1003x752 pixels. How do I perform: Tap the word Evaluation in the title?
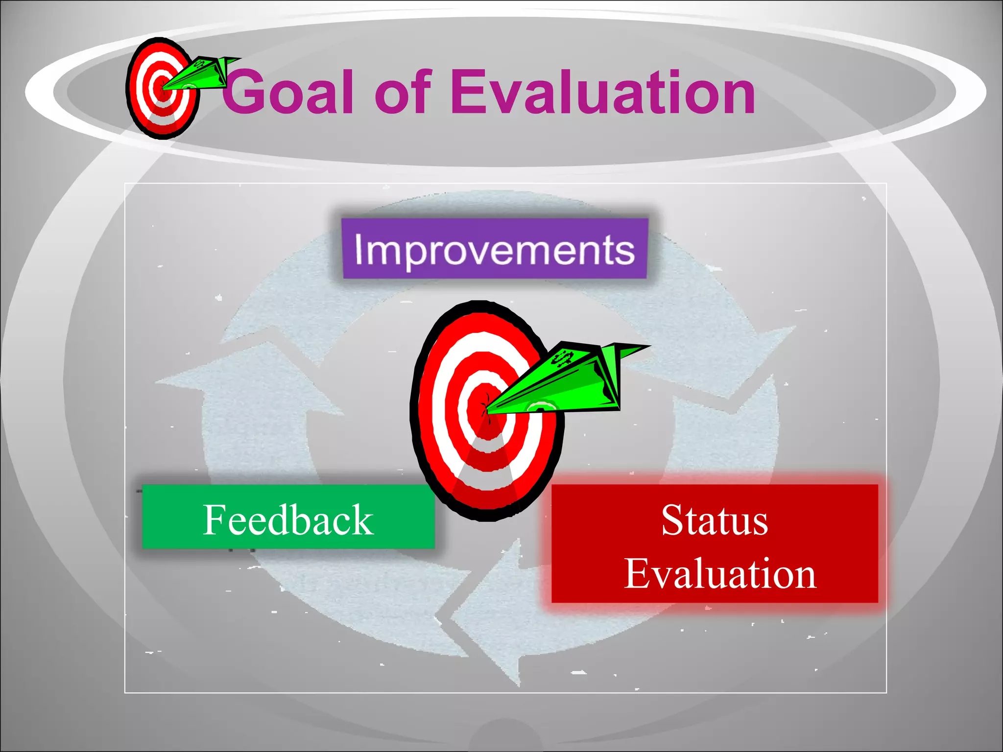click(602, 92)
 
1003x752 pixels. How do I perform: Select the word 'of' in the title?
click(403, 92)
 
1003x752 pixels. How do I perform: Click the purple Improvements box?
click(495, 249)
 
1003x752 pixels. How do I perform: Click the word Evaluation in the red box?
click(720, 574)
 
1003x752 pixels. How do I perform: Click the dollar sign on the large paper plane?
click(562, 359)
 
